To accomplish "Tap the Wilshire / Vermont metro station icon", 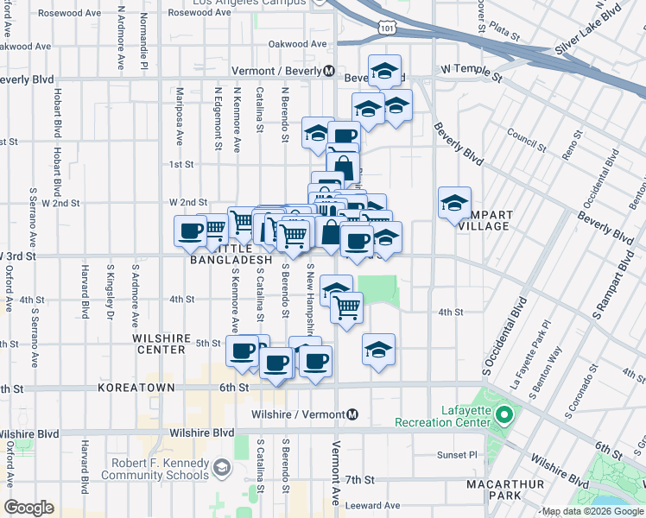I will tap(352, 415).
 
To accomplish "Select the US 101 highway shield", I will tap(386, 29).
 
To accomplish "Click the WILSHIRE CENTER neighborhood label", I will tap(159, 344).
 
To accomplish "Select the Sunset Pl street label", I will tap(457, 455).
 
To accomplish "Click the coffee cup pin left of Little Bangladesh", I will tap(190, 231).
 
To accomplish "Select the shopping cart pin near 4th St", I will tap(346, 307).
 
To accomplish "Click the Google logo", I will tap(28, 508).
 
